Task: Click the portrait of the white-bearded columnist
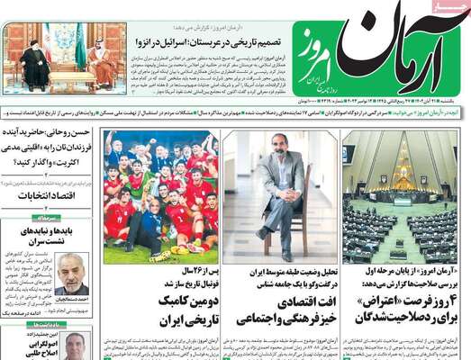(x=72, y=274)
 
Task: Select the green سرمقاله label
(x=45, y=217)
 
